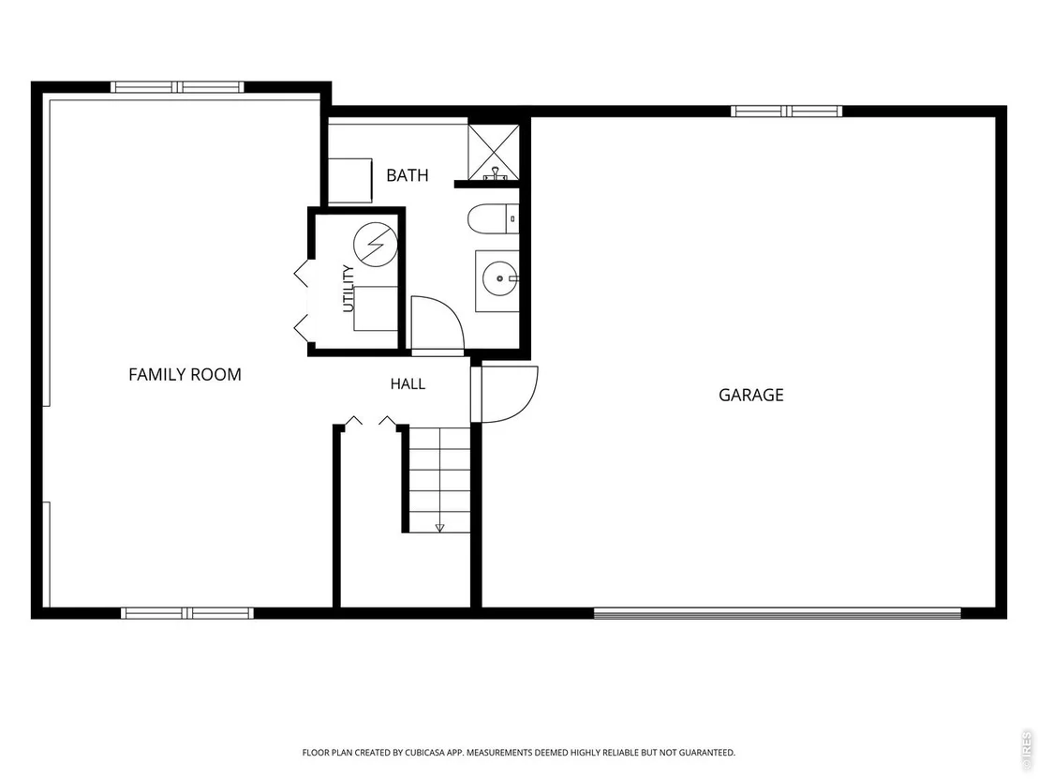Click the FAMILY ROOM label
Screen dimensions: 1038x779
pos(185,375)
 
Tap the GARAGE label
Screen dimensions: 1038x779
pos(750,396)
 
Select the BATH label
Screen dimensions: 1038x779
pos(408,175)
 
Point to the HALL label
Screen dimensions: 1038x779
pos(408,384)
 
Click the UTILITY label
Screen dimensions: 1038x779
pos(348,289)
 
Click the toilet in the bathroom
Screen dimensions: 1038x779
pos(493,219)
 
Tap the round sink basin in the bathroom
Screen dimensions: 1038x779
pos(500,278)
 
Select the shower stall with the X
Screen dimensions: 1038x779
pos(494,152)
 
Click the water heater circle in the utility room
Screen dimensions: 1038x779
pos(376,245)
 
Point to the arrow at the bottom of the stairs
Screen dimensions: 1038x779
pos(439,527)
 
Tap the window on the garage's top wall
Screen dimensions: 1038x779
pos(786,111)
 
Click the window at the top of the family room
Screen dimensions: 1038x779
pos(177,87)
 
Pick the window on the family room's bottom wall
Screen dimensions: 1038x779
pos(187,613)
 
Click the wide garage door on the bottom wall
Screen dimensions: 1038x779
pos(778,613)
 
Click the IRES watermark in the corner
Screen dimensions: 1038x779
pos(1027,747)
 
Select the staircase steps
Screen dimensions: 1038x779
pos(439,480)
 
